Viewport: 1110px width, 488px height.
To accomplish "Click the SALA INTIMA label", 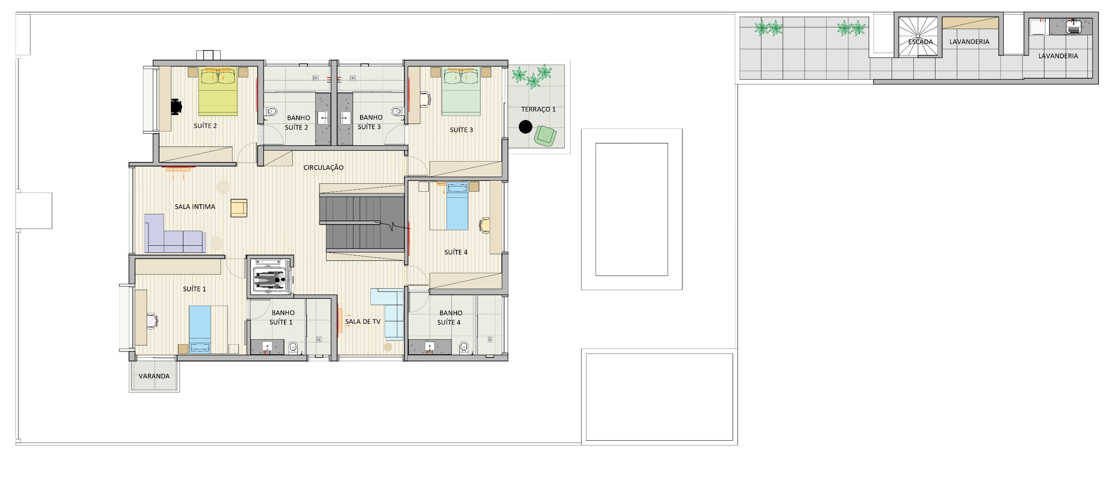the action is coord(195,207).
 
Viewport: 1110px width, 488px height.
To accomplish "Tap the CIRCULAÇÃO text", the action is coord(323,167).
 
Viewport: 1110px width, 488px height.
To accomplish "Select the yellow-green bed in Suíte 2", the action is coord(218,92).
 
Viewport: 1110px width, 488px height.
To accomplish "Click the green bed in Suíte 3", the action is coord(461,92).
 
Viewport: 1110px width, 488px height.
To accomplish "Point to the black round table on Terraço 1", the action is coord(526,127).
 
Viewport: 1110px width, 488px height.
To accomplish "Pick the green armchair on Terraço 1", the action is coord(545,136).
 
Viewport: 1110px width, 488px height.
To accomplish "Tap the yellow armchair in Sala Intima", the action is coord(239,208).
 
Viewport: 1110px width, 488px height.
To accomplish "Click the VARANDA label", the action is coord(154,376).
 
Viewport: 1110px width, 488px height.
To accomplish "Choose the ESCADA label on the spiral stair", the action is coord(920,42).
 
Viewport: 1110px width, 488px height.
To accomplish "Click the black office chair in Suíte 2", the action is coord(176,106).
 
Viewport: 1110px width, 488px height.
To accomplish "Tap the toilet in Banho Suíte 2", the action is coord(271,112).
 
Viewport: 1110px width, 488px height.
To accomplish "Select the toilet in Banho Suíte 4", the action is coord(464,347).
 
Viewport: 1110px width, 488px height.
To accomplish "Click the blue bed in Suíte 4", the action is coord(457,206).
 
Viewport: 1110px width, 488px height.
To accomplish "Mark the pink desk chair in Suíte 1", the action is coord(152,321).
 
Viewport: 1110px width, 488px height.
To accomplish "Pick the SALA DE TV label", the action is coord(363,321).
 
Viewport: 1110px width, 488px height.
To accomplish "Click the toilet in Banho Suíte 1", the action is coord(292,347).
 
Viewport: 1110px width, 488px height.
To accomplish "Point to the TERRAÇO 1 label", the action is coord(538,110).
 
